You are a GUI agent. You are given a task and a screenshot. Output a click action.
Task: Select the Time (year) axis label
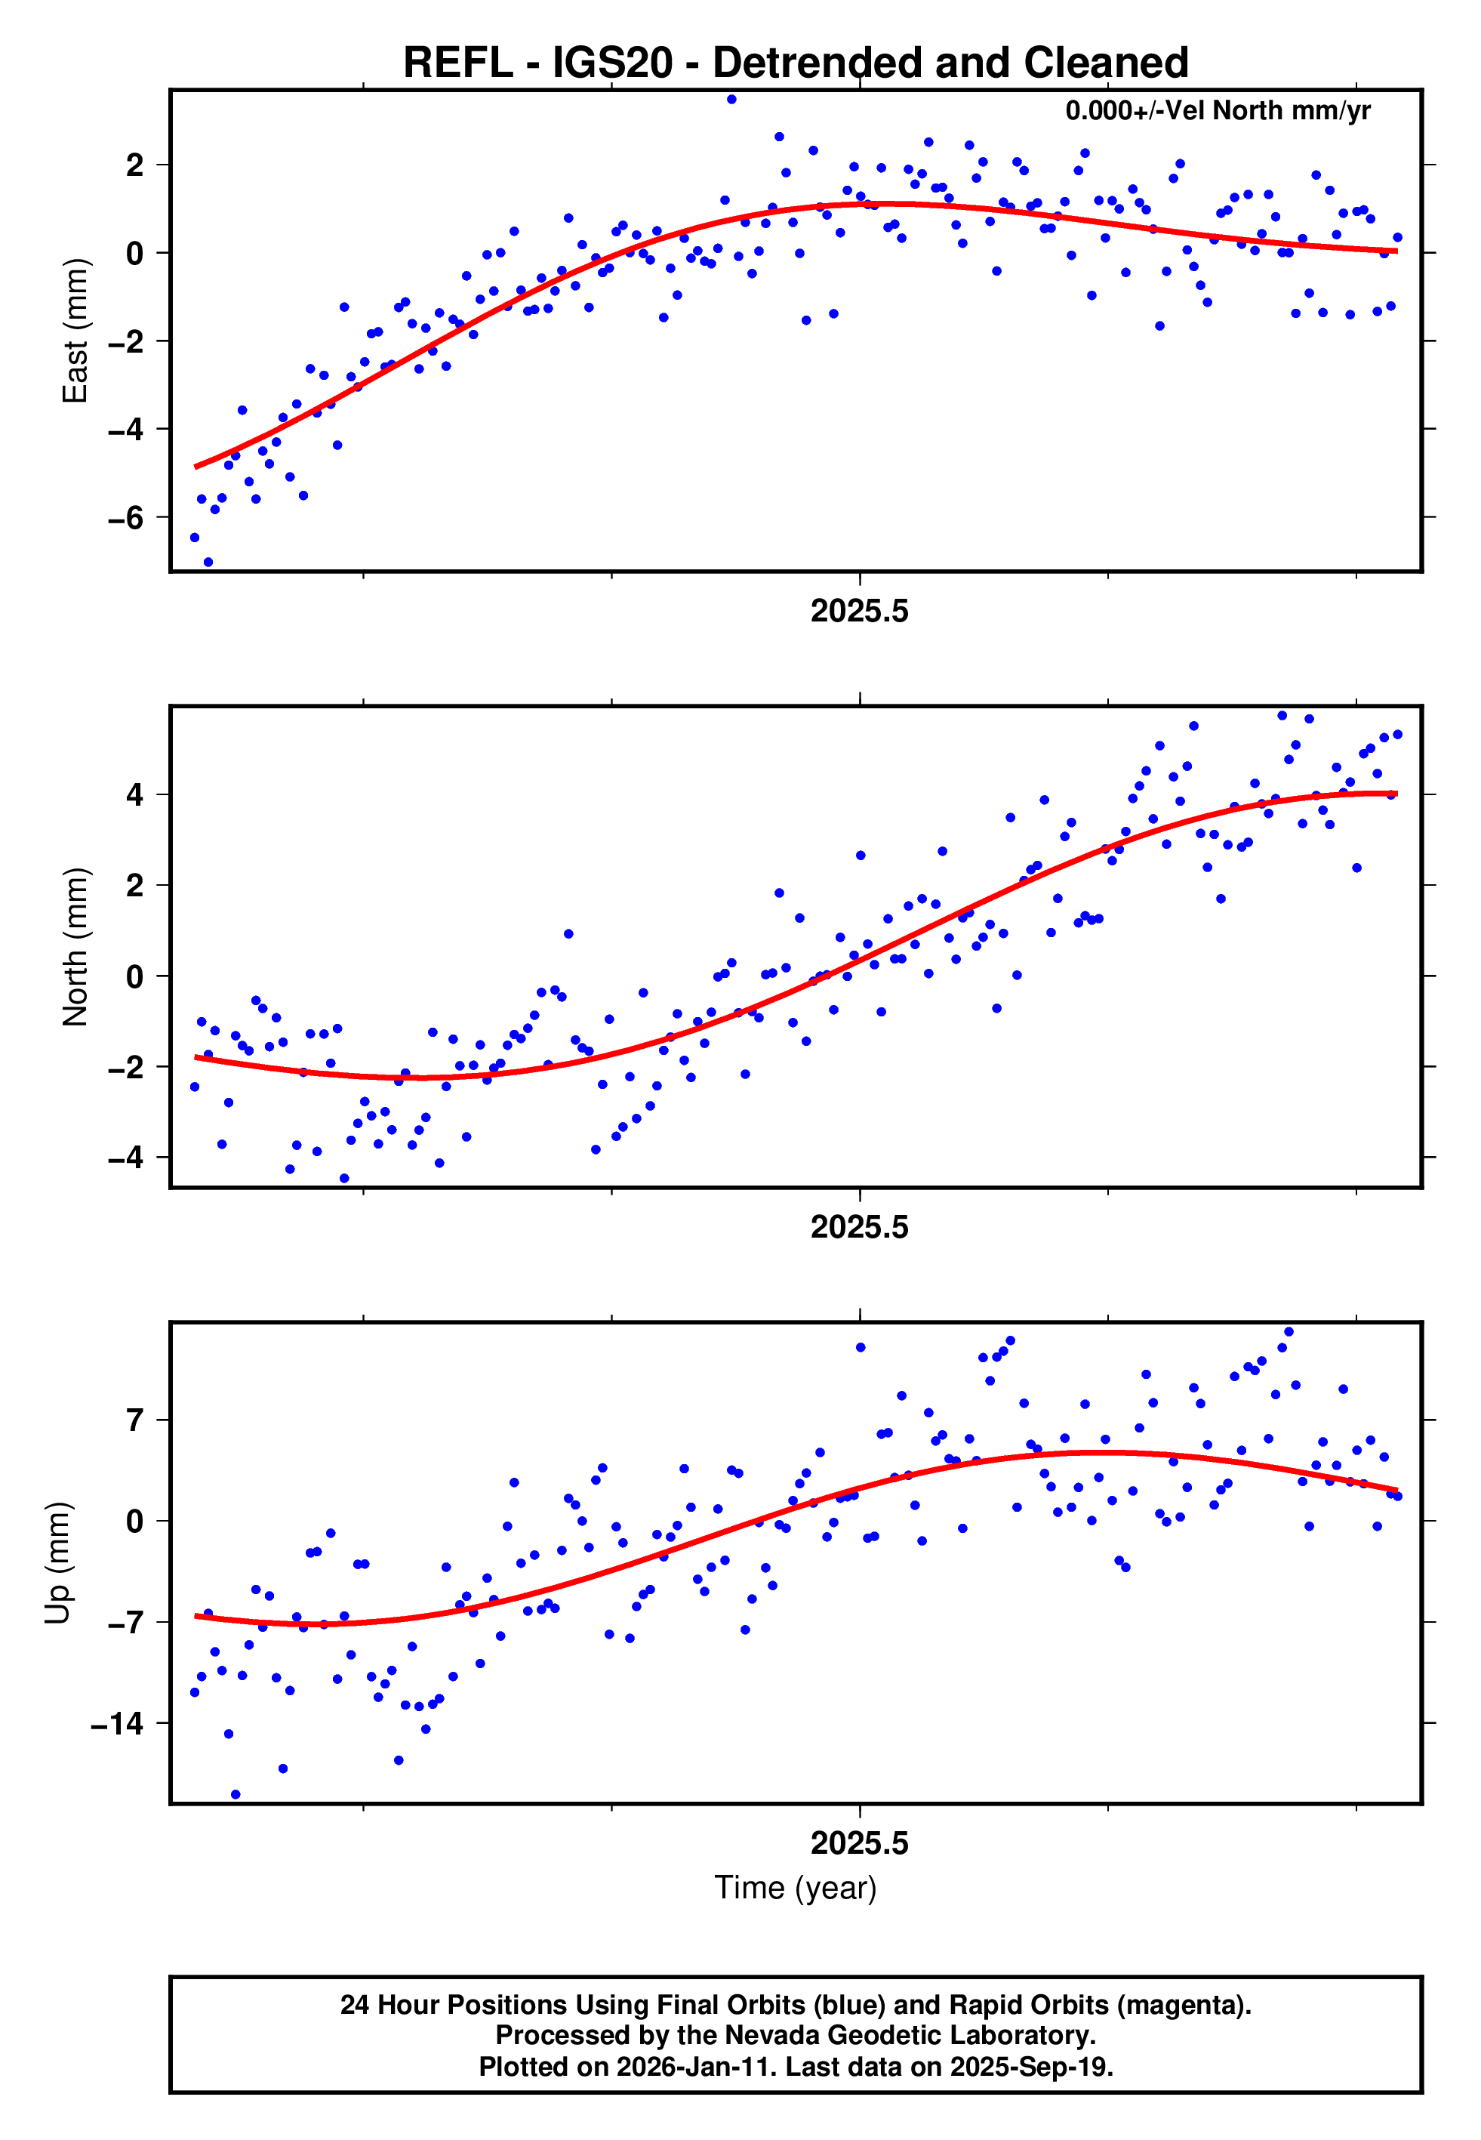(x=796, y=1888)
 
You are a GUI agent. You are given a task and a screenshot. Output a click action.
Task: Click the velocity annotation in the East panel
(x=1218, y=111)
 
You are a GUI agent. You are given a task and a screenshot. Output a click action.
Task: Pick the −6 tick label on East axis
(x=126, y=518)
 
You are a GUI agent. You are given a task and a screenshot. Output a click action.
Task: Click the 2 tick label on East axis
(x=135, y=165)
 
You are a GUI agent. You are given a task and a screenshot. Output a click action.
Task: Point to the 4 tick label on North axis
(x=135, y=795)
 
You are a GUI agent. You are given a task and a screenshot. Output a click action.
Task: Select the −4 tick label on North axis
(x=126, y=1158)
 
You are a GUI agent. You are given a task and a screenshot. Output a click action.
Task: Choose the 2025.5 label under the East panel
(x=859, y=612)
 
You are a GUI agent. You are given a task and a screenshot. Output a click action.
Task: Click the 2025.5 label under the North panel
(x=859, y=1228)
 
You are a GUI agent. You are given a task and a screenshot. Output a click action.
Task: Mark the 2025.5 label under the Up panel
(x=859, y=1843)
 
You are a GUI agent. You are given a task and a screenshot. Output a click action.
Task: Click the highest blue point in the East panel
(x=731, y=99)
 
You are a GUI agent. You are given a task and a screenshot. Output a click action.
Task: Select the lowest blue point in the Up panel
(x=236, y=1795)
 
